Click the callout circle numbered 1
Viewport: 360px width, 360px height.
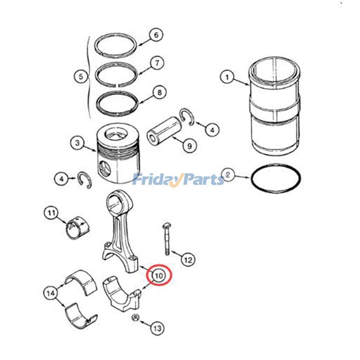pos(227,77)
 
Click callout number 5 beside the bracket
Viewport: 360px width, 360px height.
pos(81,76)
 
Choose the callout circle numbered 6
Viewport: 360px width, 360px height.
pos(156,35)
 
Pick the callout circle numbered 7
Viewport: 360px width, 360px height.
pos(157,63)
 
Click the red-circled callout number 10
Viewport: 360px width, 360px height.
pos(160,274)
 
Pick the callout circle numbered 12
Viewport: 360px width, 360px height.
pos(188,259)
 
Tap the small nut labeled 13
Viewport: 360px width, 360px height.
pos(134,319)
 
